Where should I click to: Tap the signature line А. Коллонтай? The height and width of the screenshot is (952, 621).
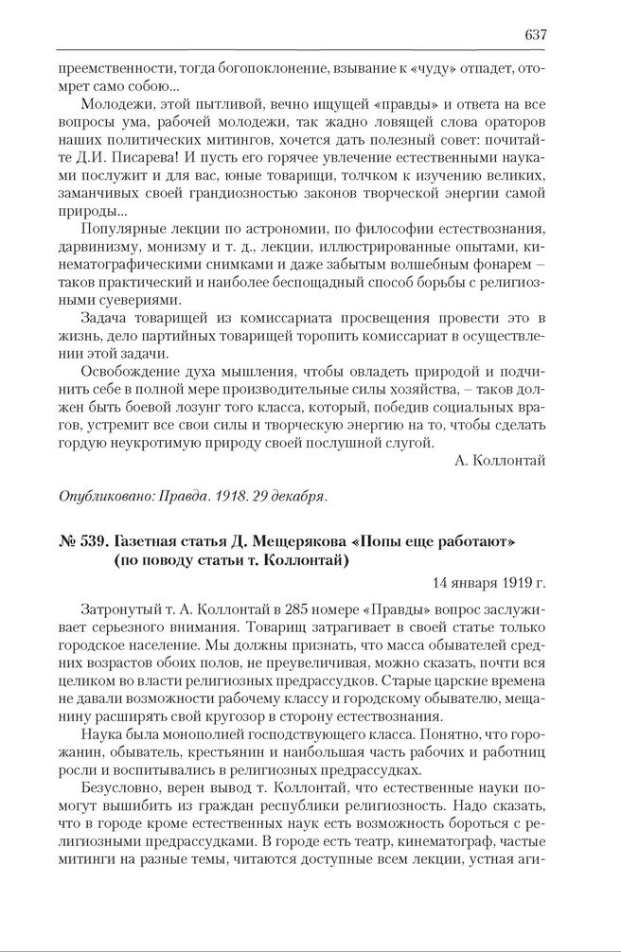(500, 460)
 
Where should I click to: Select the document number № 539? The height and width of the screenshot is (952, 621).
(81, 540)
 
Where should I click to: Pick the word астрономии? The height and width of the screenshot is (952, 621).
(269, 229)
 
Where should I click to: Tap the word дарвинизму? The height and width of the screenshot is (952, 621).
(95, 247)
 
